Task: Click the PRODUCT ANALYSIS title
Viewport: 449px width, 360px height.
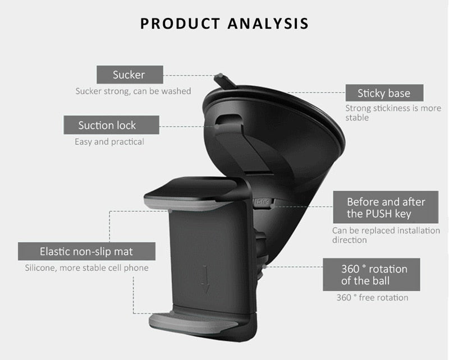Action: [x=224, y=24]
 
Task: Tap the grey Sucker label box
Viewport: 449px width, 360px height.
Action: [x=130, y=75]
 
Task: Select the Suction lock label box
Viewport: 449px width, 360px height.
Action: [x=111, y=125]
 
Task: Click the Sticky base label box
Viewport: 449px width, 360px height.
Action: [x=384, y=93]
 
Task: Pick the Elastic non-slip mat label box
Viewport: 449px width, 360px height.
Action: [x=86, y=252]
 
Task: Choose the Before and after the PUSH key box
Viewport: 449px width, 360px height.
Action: [x=386, y=207]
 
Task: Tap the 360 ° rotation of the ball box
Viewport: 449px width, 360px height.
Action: [x=372, y=275]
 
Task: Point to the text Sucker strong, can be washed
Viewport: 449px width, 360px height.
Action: [x=133, y=91]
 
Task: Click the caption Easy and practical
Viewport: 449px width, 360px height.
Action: [x=109, y=142]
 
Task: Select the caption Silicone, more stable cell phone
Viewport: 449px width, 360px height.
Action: [x=87, y=268]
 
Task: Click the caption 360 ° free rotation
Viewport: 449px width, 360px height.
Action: [x=372, y=298]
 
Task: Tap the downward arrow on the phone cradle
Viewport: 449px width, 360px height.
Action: [x=205, y=279]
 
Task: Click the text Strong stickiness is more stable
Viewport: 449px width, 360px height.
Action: [x=393, y=113]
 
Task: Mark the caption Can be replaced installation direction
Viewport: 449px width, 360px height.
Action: [x=386, y=235]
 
